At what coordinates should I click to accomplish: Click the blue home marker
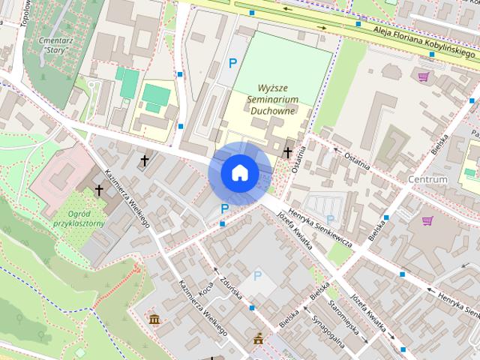[x=239, y=172]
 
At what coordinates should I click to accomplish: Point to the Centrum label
[x=428, y=179]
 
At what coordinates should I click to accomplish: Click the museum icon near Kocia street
[x=154, y=321]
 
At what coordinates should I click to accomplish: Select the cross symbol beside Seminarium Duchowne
[x=287, y=152]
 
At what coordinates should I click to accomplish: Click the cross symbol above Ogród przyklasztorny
[x=98, y=190]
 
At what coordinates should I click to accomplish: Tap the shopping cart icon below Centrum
[x=427, y=220]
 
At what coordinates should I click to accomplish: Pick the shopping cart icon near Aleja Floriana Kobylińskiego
[x=424, y=76]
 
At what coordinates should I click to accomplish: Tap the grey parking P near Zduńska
[x=257, y=275]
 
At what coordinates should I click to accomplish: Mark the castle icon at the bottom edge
[x=259, y=338]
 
